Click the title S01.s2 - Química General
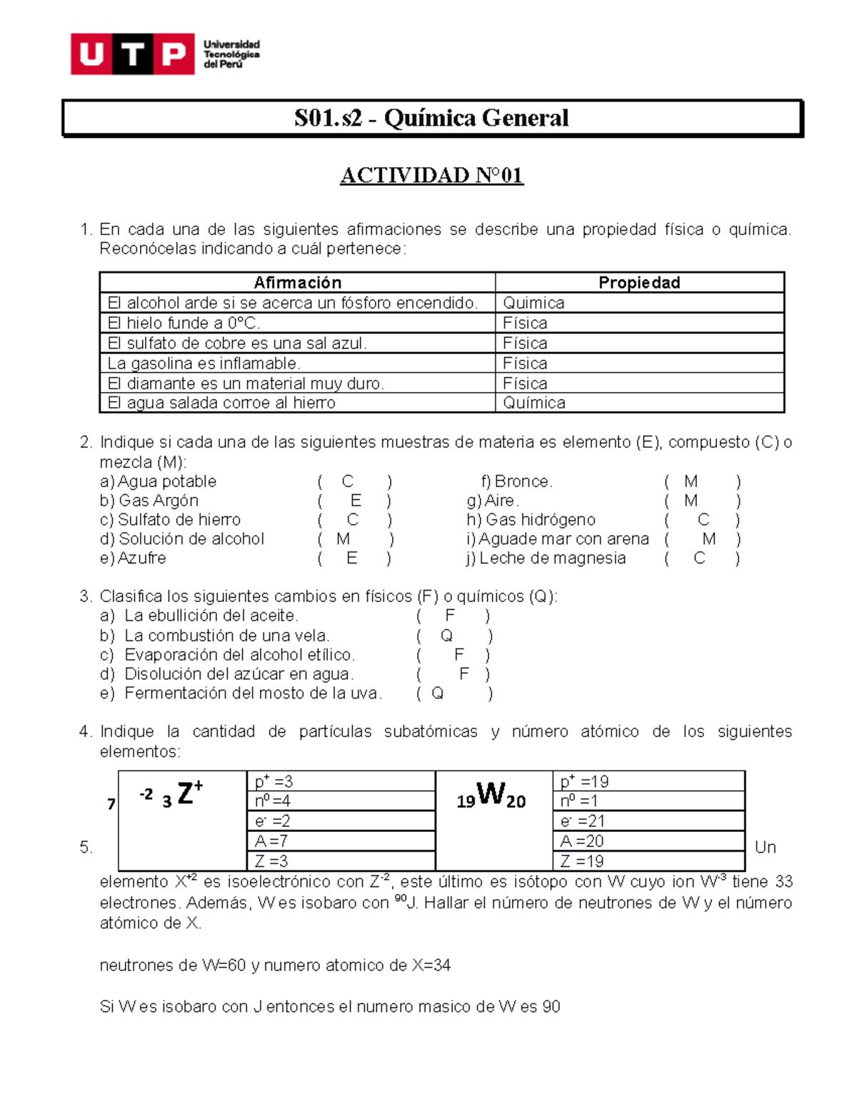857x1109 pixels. pyautogui.click(x=431, y=118)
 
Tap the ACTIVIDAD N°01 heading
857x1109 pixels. pyautogui.click(x=431, y=175)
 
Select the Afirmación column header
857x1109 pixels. pyautogui.click(x=297, y=282)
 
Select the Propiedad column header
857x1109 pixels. pyautogui.click(x=639, y=282)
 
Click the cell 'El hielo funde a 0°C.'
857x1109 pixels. pyautogui.click(x=184, y=323)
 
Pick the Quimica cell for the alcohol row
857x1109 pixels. pyautogui.click(x=533, y=303)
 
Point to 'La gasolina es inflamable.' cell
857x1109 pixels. pyautogui.click(x=204, y=363)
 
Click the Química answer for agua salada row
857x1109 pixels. pyautogui.click(x=534, y=403)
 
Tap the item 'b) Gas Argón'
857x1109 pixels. pyautogui.click(x=149, y=501)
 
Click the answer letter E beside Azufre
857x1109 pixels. pyautogui.click(x=352, y=558)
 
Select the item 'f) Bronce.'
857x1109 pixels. pyautogui.click(x=516, y=481)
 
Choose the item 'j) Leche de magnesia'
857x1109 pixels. pyautogui.click(x=546, y=558)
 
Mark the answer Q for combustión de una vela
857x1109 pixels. pyautogui.click(x=446, y=636)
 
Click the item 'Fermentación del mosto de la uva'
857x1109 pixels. pyautogui.click(x=253, y=693)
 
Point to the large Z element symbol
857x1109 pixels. pyautogui.click(x=186, y=793)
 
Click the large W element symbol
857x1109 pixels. pyautogui.click(x=491, y=793)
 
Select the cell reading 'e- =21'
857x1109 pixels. pyautogui.click(x=583, y=821)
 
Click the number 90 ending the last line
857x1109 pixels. pyautogui.click(x=551, y=1007)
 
